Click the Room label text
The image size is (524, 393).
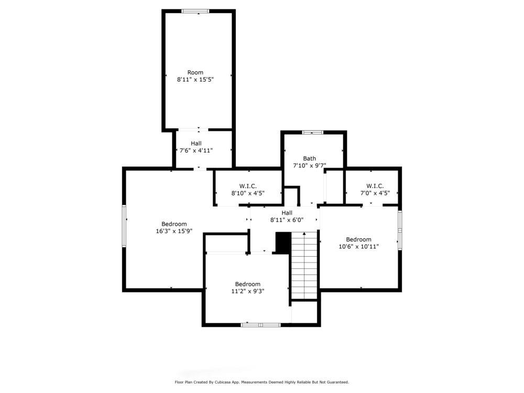tap(195, 72)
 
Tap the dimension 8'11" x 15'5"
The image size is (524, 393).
tap(195, 80)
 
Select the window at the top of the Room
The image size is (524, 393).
tap(195, 11)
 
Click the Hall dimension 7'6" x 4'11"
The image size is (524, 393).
tap(196, 150)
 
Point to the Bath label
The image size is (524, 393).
tap(310, 158)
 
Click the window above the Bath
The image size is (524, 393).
tap(313, 133)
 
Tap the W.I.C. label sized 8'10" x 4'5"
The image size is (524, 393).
tap(248, 186)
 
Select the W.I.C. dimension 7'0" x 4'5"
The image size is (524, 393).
tap(375, 193)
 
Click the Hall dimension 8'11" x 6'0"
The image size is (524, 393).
tap(287, 220)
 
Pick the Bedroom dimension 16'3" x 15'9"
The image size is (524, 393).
tap(174, 231)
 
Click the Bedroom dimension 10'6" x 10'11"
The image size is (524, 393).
tap(358, 247)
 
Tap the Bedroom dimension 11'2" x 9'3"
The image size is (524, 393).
tap(248, 291)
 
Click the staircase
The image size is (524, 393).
tap(304, 265)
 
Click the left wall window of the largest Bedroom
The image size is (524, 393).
tap(124, 226)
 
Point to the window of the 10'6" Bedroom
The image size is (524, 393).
tap(400, 230)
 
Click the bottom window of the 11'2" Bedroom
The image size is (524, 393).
tap(260, 324)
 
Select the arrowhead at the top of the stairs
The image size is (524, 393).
tap(304, 234)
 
